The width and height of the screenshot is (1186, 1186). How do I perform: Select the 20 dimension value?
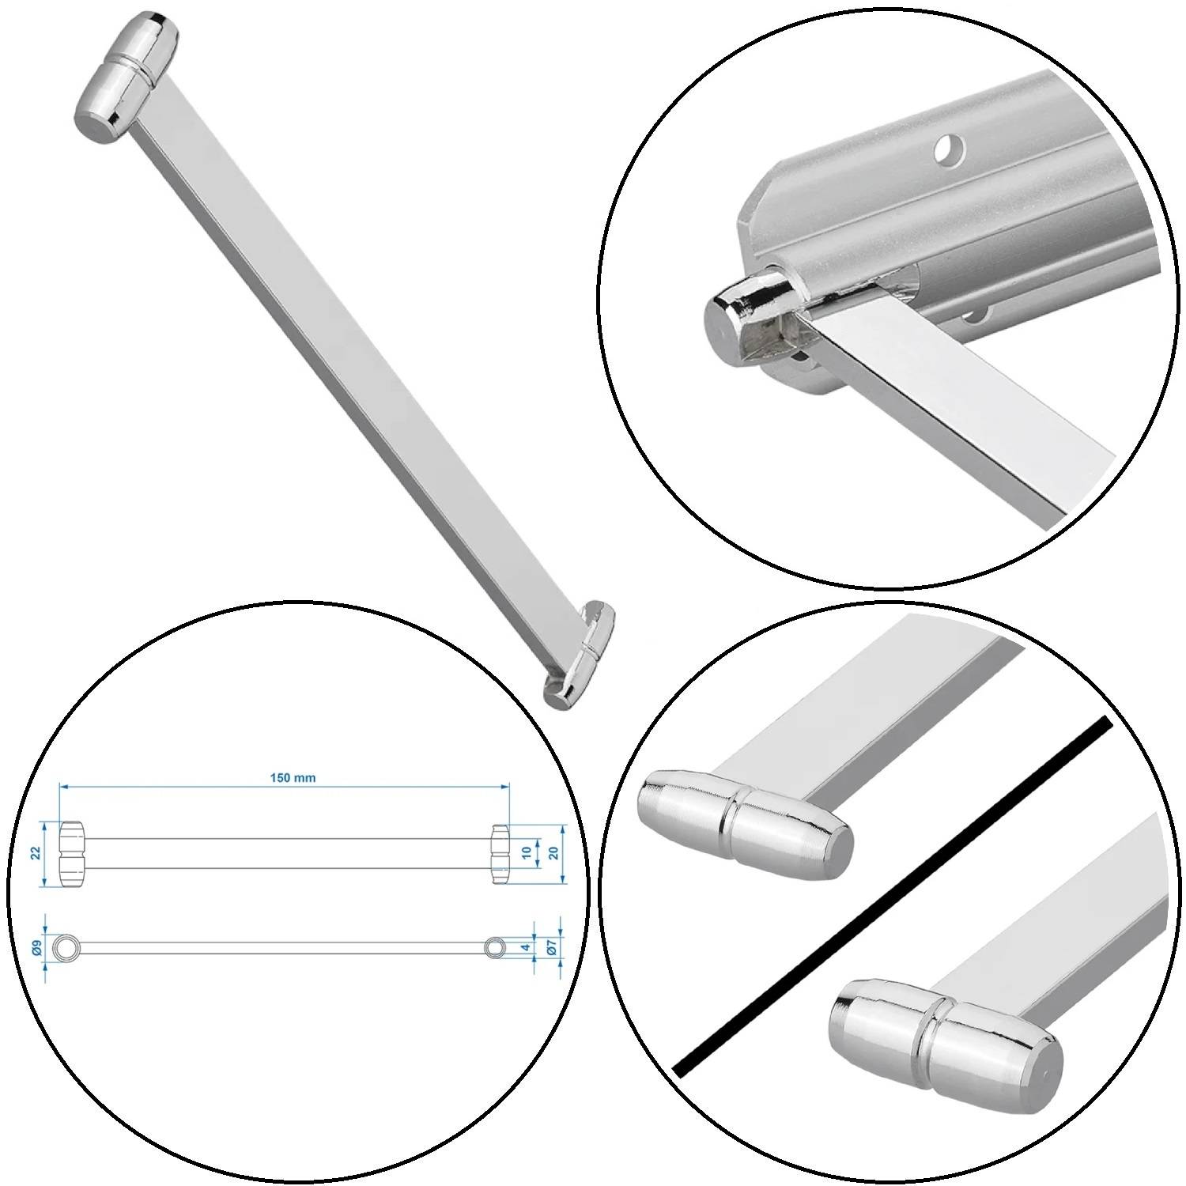tap(554, 853)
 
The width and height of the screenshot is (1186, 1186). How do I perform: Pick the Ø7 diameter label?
tap(553, 946)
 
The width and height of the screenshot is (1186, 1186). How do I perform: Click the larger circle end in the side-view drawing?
tap(66, 946)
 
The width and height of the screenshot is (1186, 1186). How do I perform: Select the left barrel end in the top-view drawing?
tap(72, 853)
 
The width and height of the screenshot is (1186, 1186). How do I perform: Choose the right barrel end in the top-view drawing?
tap(500, 853)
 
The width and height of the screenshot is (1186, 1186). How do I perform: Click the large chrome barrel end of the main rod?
tap(127, 77)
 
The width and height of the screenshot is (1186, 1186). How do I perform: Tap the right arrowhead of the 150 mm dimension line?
tap(504, 787)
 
